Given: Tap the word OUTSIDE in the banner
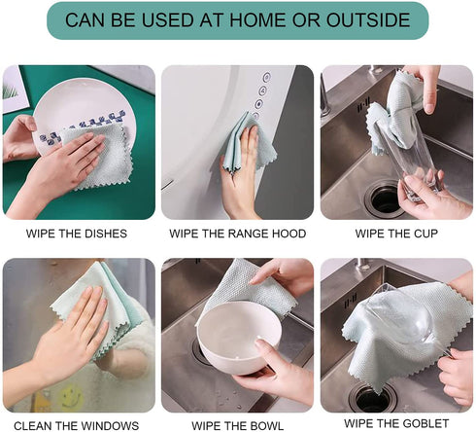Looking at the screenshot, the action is [368, 19].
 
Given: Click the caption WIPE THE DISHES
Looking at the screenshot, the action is [77, 234].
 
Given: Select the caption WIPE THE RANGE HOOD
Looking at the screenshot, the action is [238, 234].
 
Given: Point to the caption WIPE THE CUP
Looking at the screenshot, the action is [396, 234].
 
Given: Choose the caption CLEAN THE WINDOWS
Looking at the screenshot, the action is [77, 425].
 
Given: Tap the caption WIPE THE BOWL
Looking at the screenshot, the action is [237, 425].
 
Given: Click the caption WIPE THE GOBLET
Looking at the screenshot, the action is [396, 423].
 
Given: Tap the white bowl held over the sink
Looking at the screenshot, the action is [239, 334].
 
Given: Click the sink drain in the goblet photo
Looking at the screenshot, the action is [372, 397].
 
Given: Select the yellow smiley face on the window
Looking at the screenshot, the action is [71, 396].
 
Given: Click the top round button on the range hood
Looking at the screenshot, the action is [266, 78].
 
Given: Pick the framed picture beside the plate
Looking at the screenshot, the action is [14, 89].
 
